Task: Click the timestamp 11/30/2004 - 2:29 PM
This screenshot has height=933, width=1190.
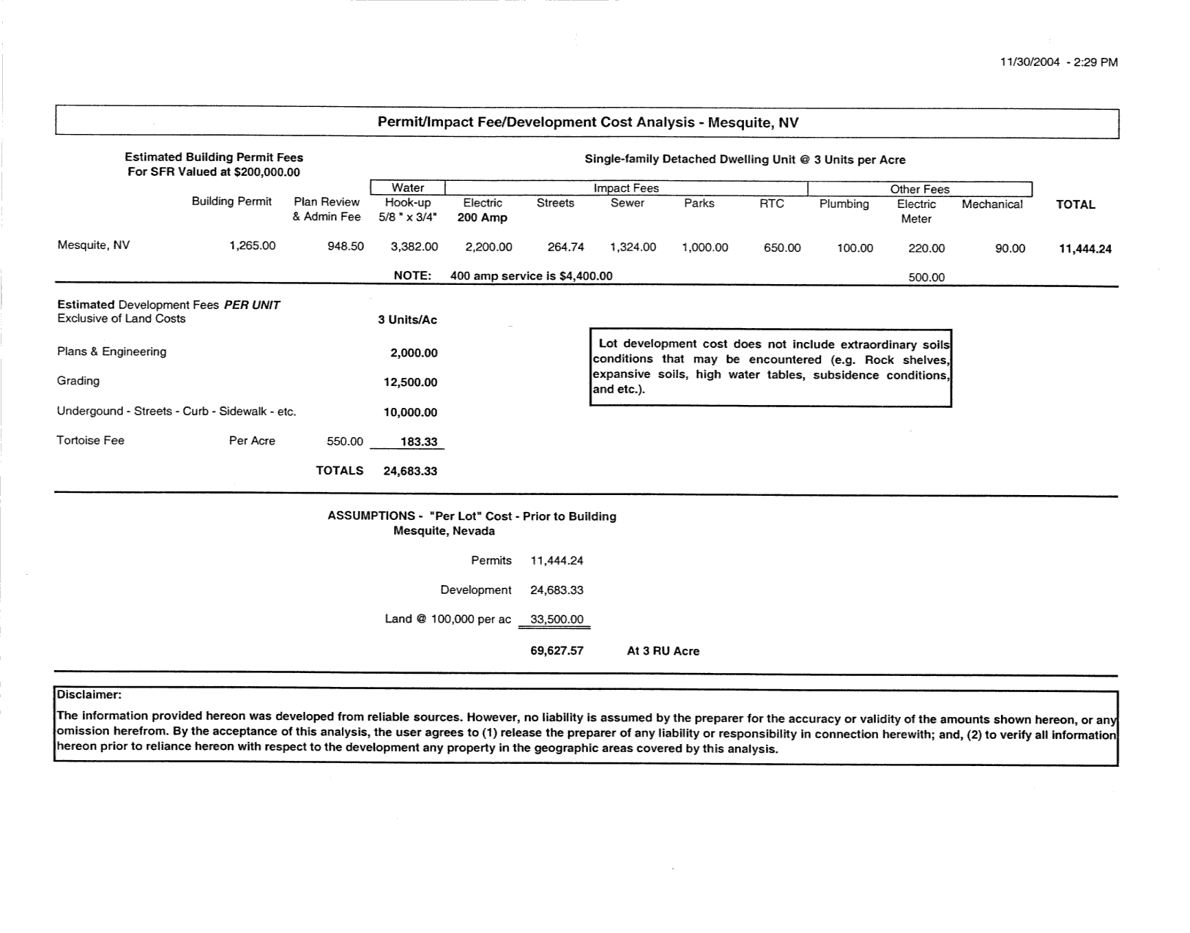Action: [x=1058, y=62]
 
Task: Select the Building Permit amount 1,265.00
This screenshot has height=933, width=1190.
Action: [x=252, y=246]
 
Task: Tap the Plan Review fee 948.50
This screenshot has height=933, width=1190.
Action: [x=345, y=246]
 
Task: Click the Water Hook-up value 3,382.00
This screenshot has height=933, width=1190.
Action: [x=414, y=248]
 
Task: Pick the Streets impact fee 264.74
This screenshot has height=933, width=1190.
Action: [x=565, y=248]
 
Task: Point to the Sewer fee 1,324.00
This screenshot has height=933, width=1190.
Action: [x=633, y=248]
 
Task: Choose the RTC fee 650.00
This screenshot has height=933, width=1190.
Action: [x=781, y=248]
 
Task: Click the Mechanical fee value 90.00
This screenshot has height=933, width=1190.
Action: [x=1010, y=249]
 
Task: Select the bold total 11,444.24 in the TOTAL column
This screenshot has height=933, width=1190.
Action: [x=1085, y=249]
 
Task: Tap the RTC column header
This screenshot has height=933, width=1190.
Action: [x=771, y=204]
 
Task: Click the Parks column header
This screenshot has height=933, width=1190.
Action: [x=699, y=203]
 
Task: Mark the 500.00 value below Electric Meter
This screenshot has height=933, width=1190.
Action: [x=926, y=278]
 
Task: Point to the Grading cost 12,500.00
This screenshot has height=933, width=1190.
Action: [x=410, y=382]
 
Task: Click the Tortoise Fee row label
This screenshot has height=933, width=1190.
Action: [x=90, y=440]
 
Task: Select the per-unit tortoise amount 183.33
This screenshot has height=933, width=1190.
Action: [x=418, y=442]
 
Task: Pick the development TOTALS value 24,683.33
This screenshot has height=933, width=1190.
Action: [x=410, y=471]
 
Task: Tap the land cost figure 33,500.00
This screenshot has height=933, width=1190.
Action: [x=557, y=620]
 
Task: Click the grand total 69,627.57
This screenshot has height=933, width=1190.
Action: [x=557, y=650]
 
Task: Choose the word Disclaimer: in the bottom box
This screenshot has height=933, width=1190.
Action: [x=89, y=694]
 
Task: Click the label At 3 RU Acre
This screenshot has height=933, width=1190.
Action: [x=663, y=651]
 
